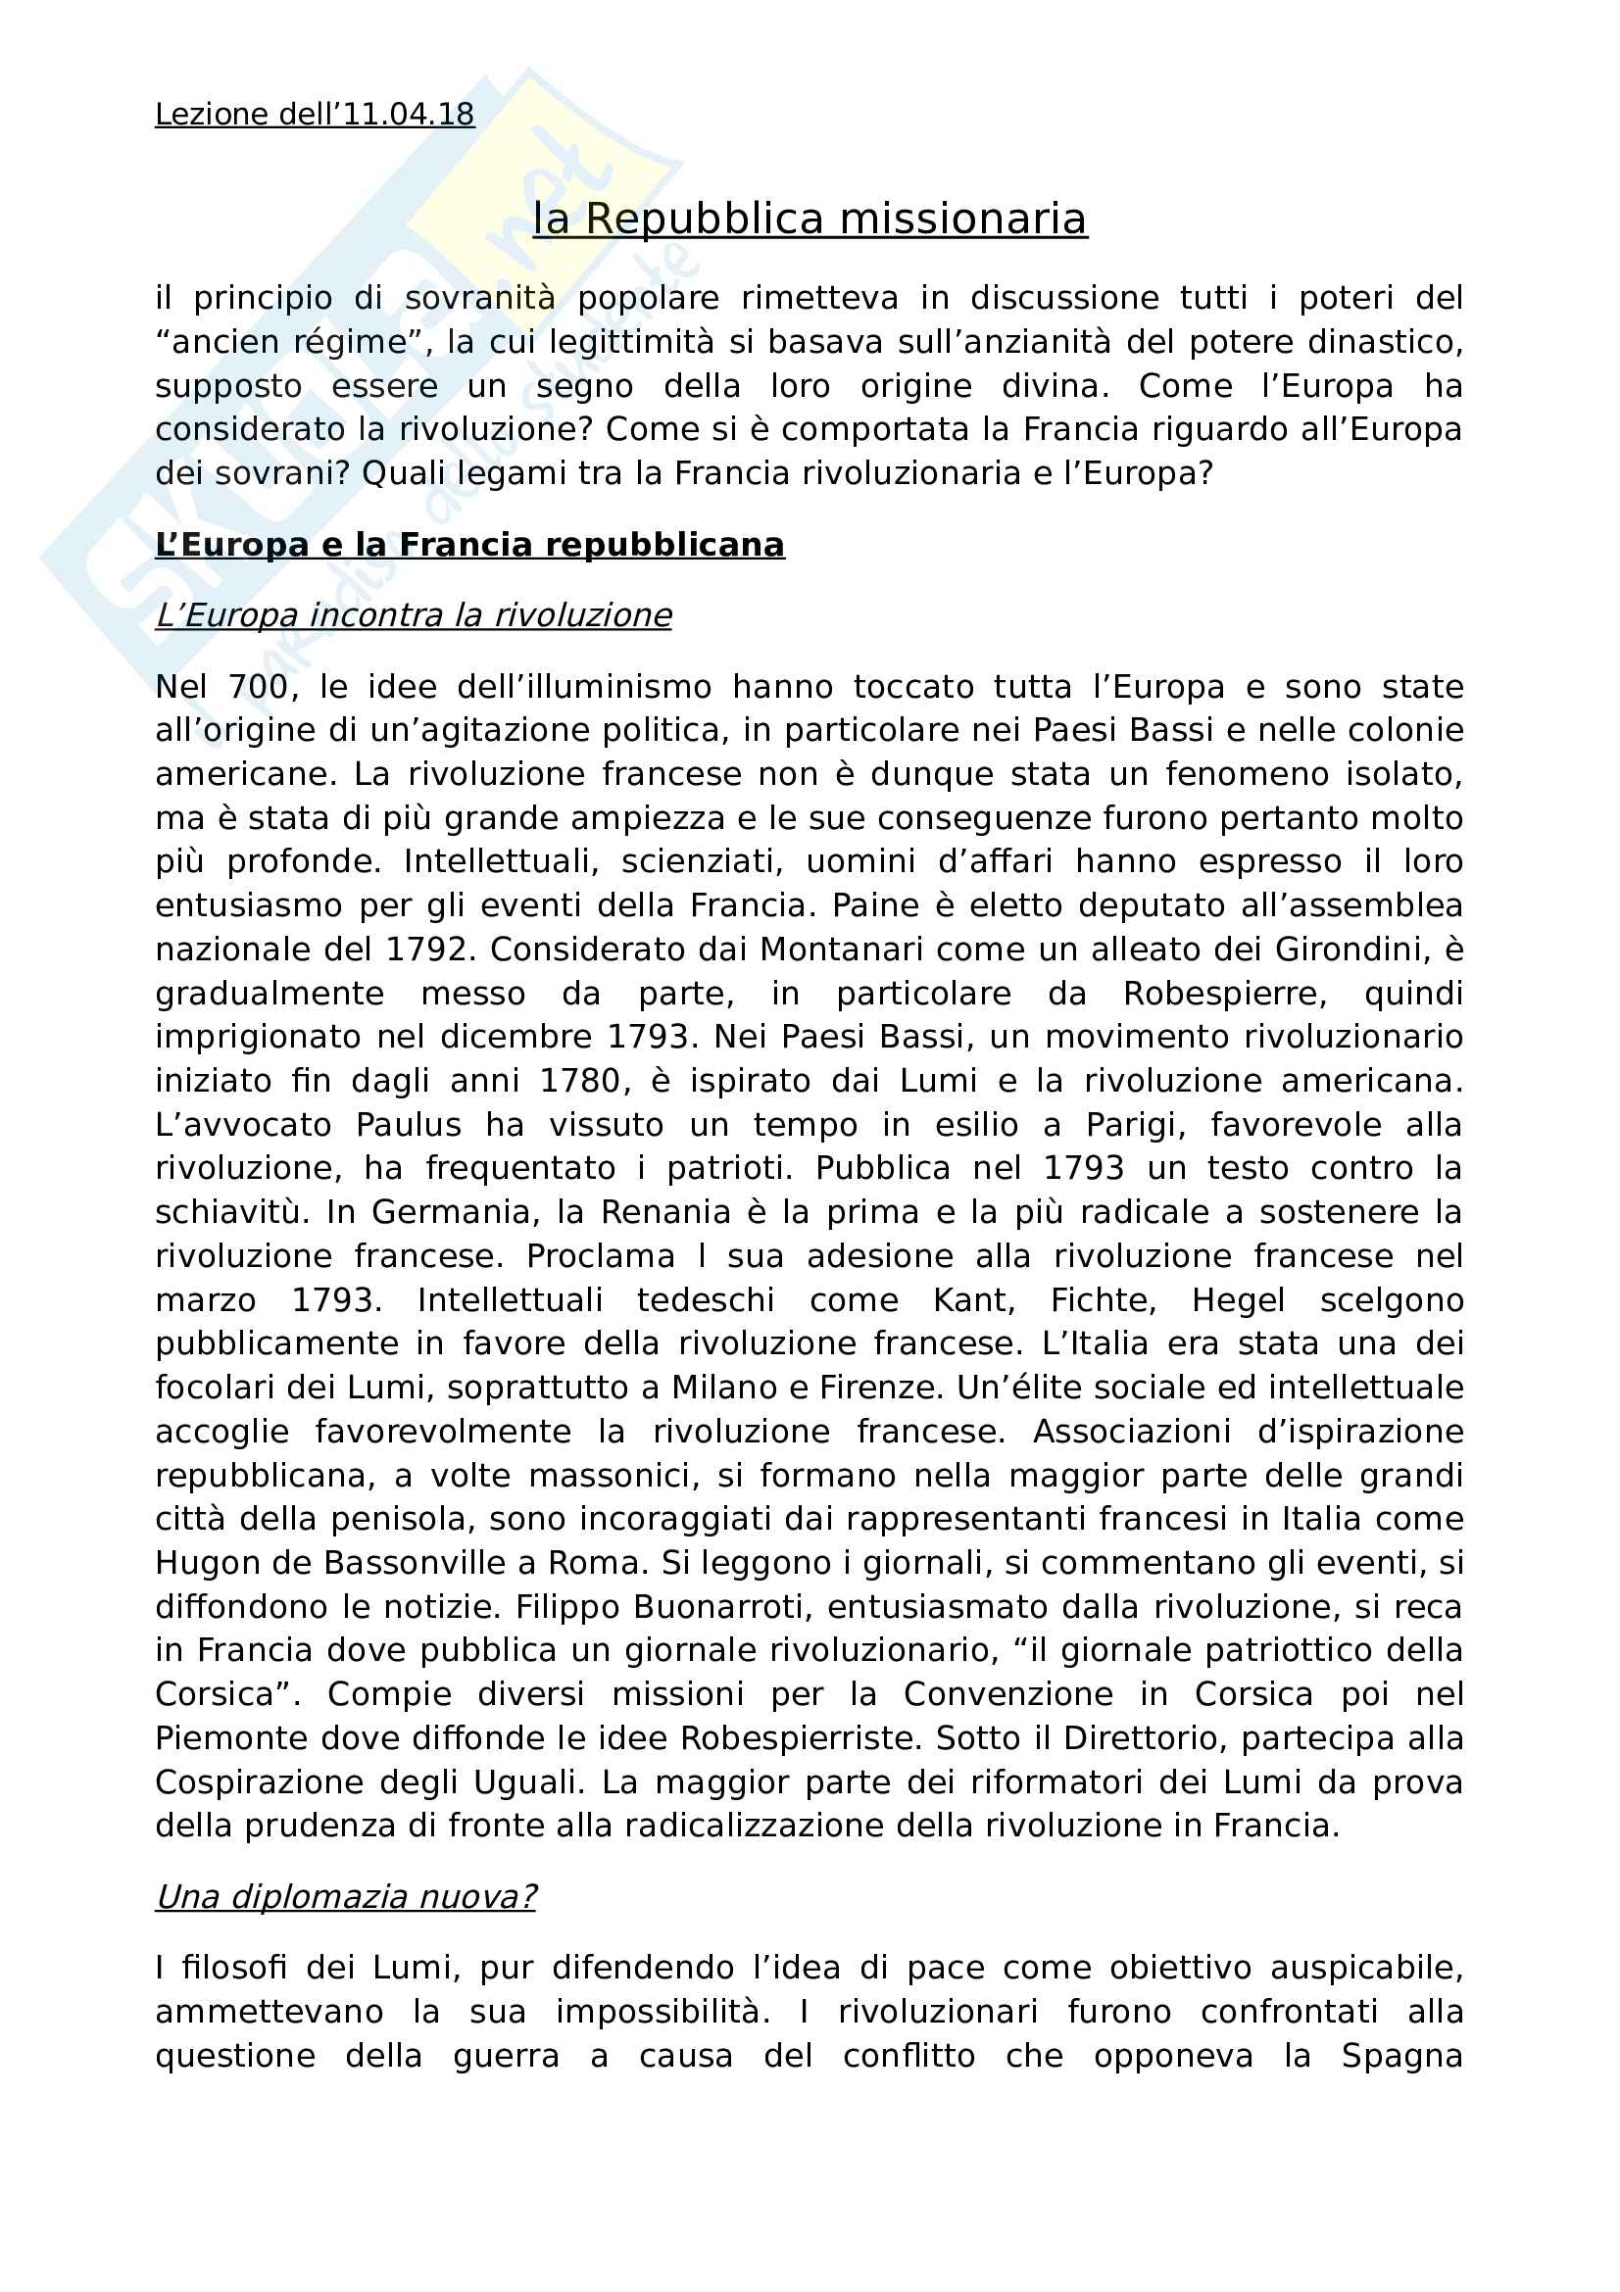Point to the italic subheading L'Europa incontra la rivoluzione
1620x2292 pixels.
pyautogui.click(x=414, y=616)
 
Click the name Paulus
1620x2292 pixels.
pyautogui.click(x=409, y=1125)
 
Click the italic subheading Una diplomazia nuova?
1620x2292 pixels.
pyautogui.click(x=345, y=1897)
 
